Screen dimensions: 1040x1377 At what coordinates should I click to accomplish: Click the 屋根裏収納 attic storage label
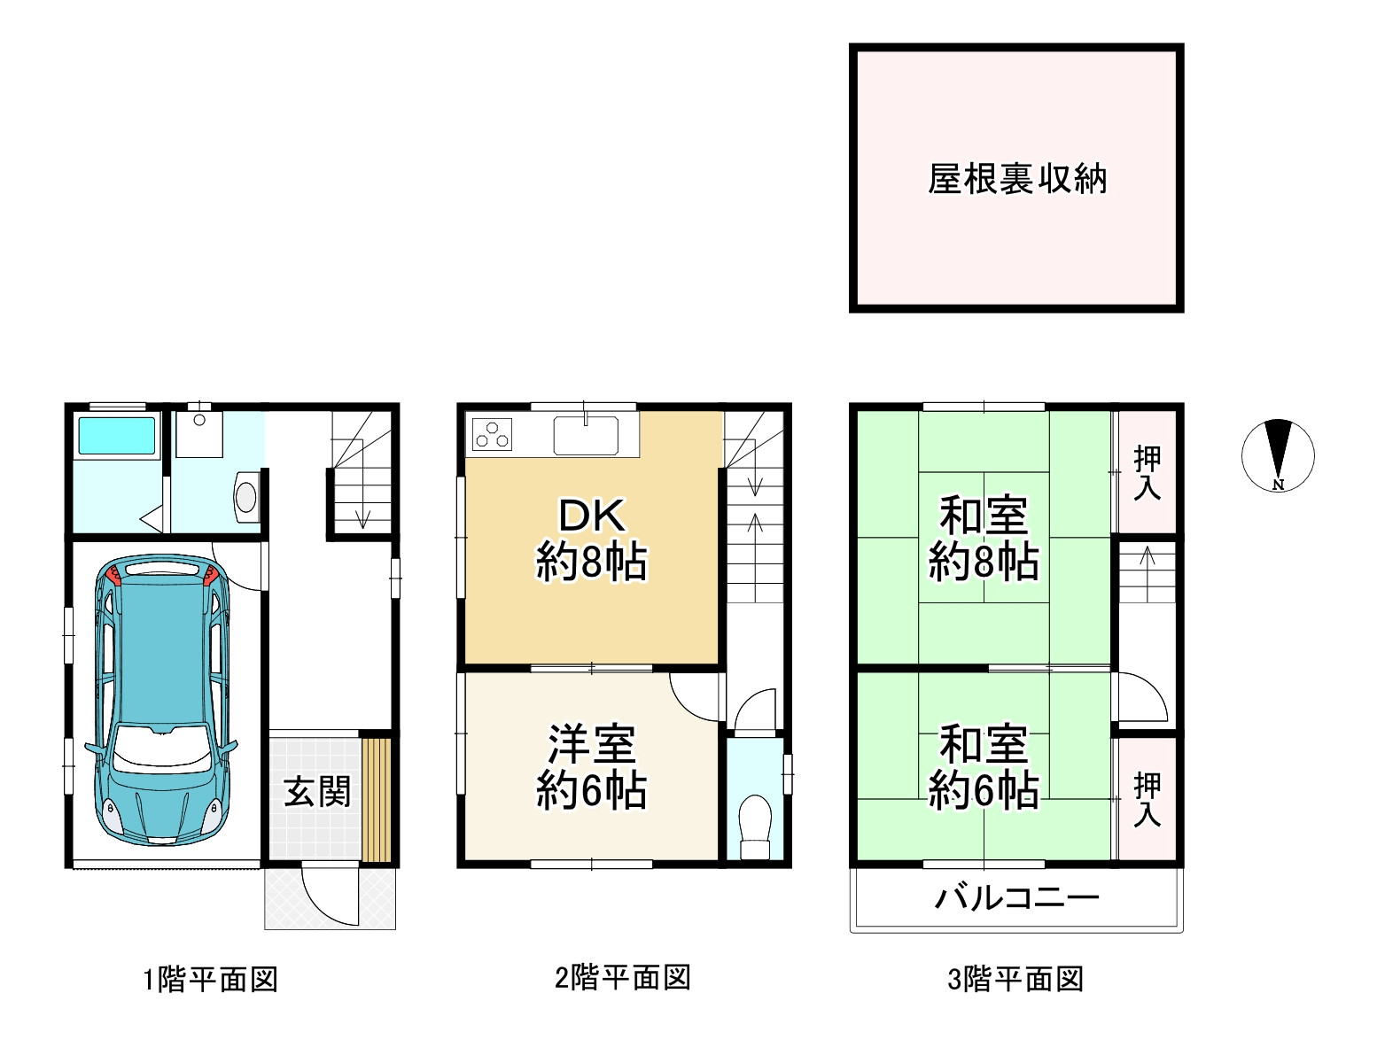[1016, 180]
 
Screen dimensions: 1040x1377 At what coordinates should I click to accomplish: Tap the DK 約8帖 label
[591, 539]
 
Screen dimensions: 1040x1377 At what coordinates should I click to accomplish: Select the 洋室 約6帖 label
[591, 767]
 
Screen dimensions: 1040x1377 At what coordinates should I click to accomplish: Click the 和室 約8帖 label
[984, 539]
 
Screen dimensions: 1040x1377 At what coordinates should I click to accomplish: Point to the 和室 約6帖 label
[984, 767]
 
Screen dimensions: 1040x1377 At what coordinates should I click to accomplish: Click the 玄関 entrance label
[316, 791]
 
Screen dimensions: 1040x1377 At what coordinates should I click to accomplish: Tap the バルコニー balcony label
[1016, 898]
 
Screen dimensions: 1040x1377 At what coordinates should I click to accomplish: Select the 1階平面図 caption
[211, 980]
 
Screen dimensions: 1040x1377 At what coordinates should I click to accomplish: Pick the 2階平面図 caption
[622, 978]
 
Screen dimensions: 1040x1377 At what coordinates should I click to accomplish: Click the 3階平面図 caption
[1015, 980]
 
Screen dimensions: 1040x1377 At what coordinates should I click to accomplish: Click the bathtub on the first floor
[117, 436]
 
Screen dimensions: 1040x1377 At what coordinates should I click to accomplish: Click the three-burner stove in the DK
[492, 435]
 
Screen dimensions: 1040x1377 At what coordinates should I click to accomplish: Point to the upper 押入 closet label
[1147, 473]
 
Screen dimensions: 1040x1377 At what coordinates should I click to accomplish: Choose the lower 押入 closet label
[1147, 799]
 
